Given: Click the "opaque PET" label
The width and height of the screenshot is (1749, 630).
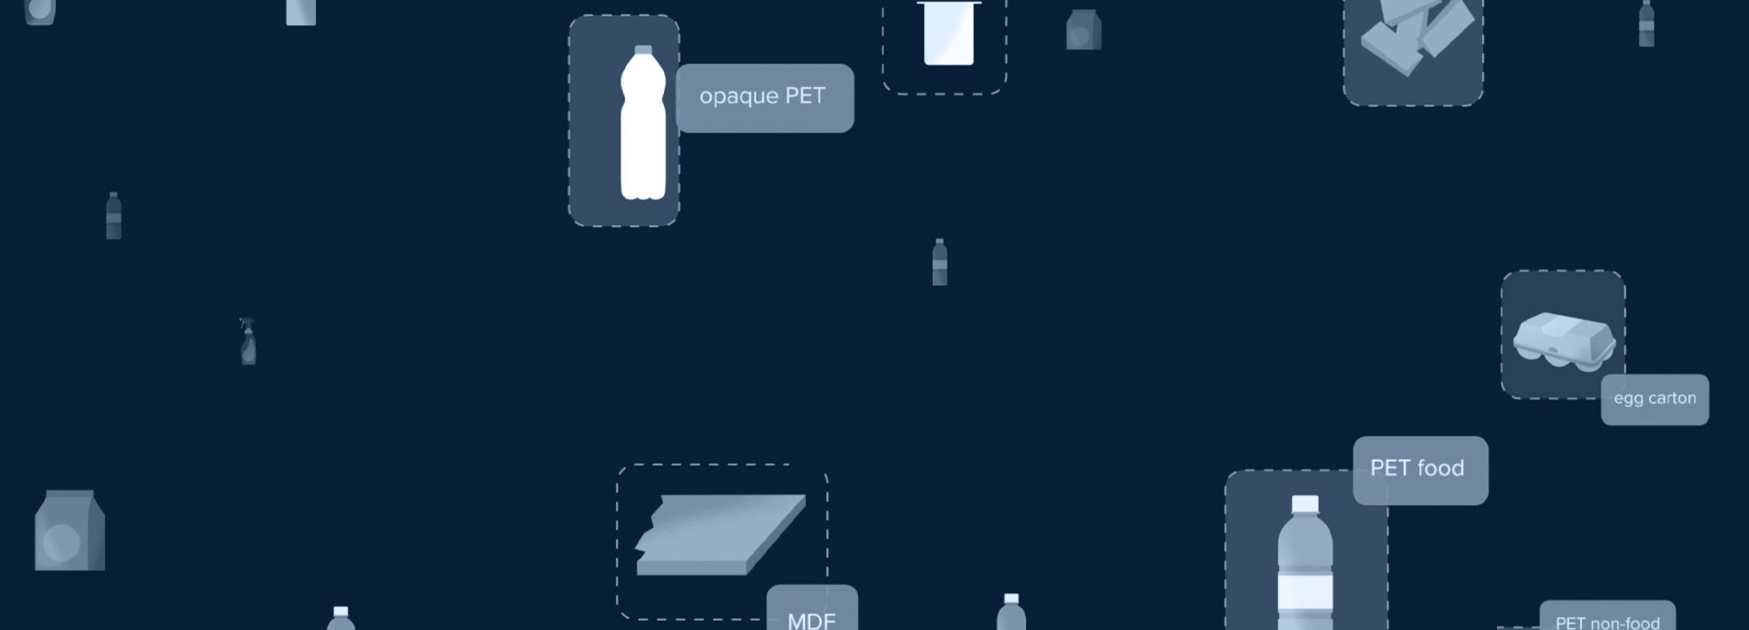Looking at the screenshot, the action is click(x=765, y=98).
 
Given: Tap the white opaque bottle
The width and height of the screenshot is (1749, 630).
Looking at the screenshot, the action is click(x=643, y=122).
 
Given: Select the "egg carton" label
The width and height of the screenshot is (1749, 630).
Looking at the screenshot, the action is click(x=1655, y=399).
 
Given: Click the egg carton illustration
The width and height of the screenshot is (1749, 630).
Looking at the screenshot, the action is click(x=1563, y=339).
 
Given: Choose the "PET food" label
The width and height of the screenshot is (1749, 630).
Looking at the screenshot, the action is click(x=1420, y=470).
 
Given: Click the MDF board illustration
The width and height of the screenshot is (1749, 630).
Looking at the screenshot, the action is click(x=720, y=535).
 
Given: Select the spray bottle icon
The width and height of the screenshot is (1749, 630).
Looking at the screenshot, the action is click(x=247, y=341).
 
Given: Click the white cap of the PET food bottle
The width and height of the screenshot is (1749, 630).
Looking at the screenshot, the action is click(x=1305, y=503).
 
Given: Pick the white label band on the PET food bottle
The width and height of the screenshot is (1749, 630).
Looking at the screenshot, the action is click(x=1305, y=591).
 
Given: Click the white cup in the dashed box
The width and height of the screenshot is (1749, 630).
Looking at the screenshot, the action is click(x=948, y=32).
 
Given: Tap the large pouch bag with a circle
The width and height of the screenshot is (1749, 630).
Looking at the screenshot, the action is click(x=69, y=530).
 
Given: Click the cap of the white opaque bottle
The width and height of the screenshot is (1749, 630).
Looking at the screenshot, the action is click(x=643, y=50).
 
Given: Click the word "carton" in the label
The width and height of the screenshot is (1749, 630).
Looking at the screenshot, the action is click(x=1672, y=398).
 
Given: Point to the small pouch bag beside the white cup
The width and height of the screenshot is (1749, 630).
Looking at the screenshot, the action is click(x=1083, y=30).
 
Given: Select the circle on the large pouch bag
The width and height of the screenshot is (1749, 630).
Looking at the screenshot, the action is click(x=61, y=542).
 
